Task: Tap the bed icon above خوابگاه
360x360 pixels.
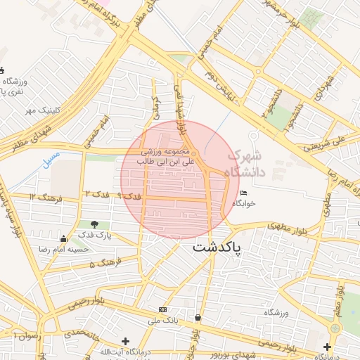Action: tap(243, 193)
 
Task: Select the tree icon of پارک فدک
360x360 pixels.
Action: tap(94, 224)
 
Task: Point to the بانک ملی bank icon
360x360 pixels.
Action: tap(163, 309)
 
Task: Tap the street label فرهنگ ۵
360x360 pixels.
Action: tap(102, 264)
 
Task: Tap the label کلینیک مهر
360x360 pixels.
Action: tap(40, 110)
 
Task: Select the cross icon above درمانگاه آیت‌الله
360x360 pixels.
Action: tap(124, 341)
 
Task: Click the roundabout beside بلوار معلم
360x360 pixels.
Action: tap(335, 328)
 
